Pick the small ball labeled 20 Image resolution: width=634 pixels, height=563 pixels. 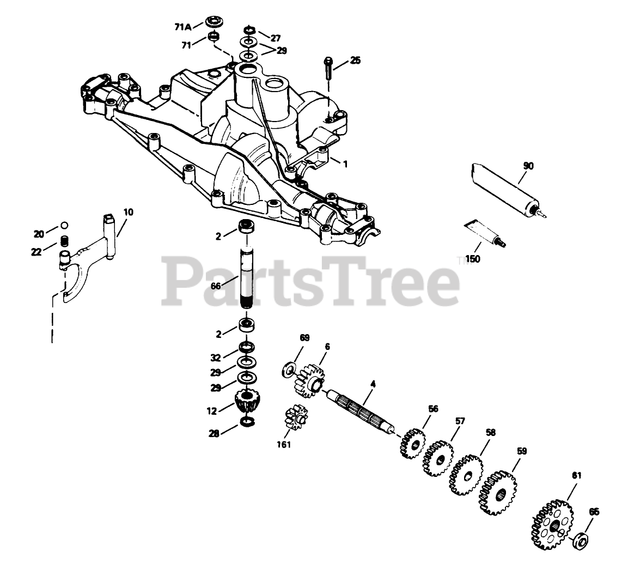64,225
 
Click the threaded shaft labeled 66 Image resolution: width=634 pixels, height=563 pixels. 245,278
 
